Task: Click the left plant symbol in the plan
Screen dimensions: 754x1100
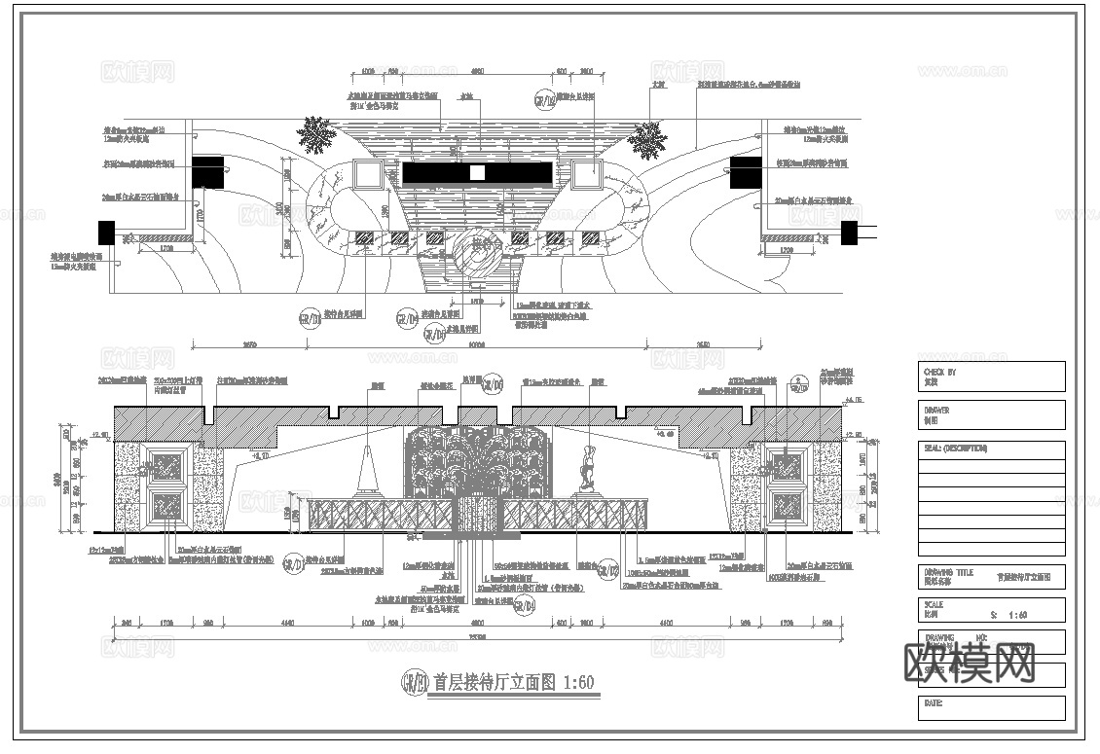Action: (x=315, y=134)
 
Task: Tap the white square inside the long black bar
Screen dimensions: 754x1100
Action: (x=477, y=172)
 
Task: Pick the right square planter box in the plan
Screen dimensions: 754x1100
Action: (x=587, y=175)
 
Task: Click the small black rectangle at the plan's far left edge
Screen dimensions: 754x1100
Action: (x=106, y=233)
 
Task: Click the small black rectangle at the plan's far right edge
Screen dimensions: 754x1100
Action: (x=849, y=233)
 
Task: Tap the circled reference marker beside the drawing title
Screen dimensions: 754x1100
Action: (x=415, y=682)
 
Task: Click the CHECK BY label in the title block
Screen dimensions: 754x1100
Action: (x=938, y=372)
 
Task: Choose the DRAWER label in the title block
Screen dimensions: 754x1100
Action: (x=935, y=411)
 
